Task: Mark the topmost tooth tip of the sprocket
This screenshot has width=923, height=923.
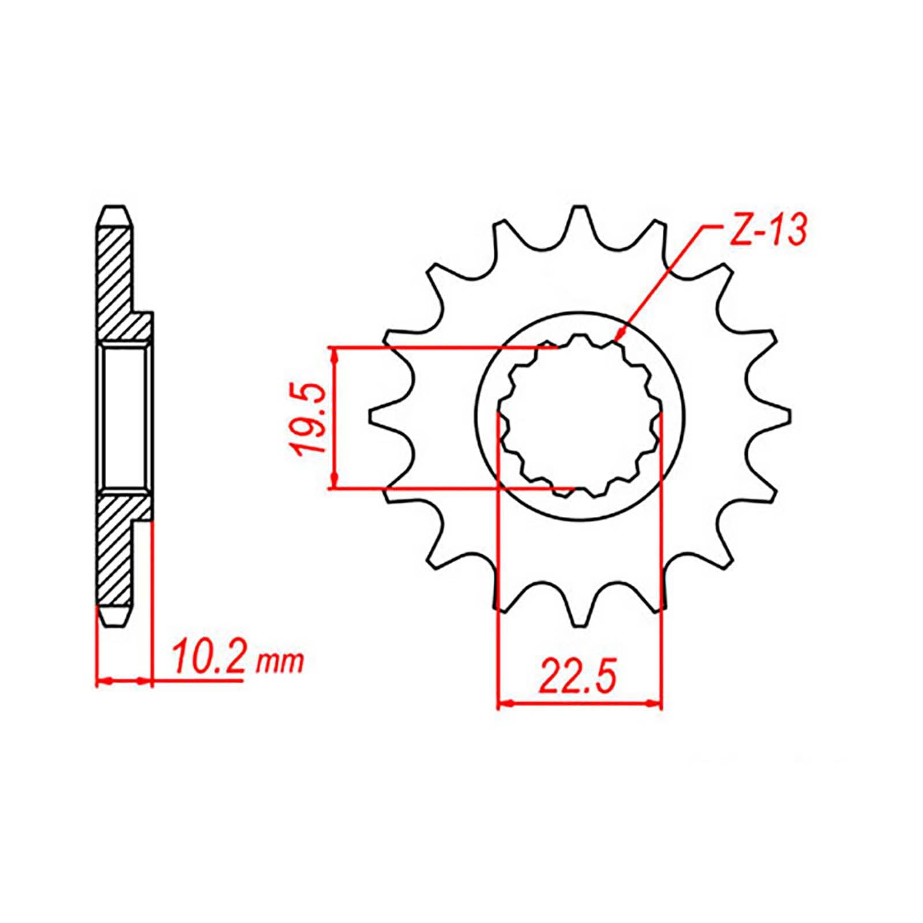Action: (x=579, y=209)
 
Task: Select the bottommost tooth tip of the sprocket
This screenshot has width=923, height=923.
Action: (x=579, y=625)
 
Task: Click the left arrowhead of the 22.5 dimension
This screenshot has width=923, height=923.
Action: (x=503, y=703)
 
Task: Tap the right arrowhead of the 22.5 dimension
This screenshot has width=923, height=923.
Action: (x=655, y=703)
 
